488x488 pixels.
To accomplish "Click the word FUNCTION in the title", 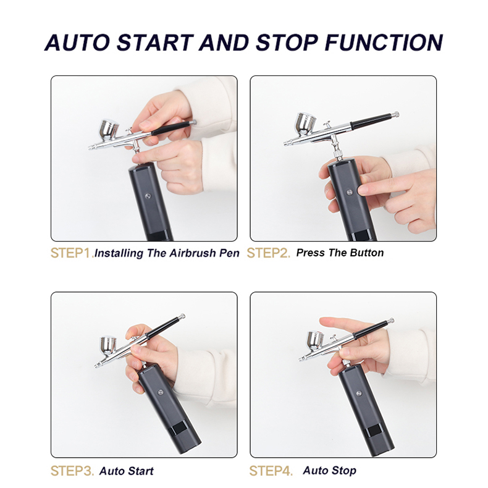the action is [384, 43].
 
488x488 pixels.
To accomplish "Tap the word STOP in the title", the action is [287, 43].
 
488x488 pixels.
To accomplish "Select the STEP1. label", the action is [72, 253].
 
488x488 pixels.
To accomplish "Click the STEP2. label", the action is [268, 253].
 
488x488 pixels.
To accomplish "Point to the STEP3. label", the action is [72, 471].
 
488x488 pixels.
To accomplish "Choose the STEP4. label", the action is [271, 471].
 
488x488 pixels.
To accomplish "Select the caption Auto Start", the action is [127, 471].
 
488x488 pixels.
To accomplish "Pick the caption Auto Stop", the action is [330, 471].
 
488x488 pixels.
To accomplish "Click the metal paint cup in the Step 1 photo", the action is [109, 130].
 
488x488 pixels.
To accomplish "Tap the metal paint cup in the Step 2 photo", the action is [305, 124].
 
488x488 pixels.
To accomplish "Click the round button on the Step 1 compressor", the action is [148, 196].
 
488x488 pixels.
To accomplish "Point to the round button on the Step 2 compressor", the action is [350, 192].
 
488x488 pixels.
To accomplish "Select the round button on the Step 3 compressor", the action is [161, 392].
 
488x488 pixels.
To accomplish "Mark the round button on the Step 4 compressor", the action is [359, 393].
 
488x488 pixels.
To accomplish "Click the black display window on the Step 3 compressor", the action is [179, 428].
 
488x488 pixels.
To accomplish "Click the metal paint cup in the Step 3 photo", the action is [108, 345].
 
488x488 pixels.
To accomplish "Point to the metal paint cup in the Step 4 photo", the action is [315, 340].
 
